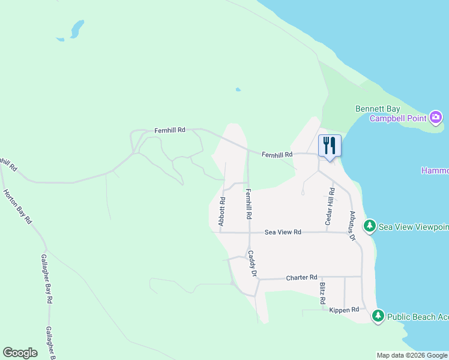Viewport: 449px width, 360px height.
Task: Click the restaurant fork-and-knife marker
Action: click(330, 146)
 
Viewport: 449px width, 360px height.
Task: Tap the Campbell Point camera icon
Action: click(436, 117)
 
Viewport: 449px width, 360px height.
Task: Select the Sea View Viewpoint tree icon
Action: click(370, 226)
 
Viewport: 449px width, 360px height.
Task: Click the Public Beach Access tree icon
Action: click(378, 316)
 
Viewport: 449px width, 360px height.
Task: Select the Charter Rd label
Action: click(301, 277)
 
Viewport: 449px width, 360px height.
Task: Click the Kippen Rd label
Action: click(344, 310)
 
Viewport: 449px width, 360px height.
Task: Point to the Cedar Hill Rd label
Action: click(329, 206)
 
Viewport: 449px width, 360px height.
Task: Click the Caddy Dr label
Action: click(253, 264)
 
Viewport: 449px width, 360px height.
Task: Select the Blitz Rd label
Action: click(322, 292)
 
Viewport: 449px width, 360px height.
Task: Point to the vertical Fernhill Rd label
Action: click(248, 204)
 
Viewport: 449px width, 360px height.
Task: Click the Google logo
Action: click(20, 353)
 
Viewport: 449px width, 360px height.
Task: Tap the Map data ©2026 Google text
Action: click(412, 355)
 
